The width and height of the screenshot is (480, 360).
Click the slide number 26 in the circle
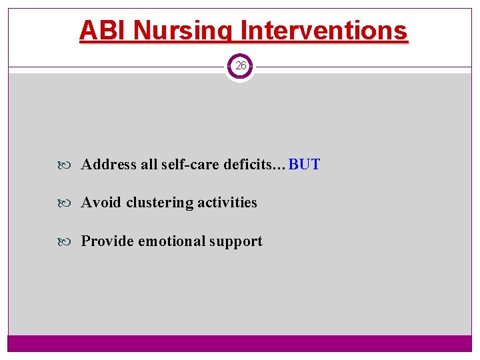(240, 66)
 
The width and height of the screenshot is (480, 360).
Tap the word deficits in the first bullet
(247, 164)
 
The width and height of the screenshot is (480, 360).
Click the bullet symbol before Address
(72, 165)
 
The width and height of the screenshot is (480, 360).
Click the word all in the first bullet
(149, 164)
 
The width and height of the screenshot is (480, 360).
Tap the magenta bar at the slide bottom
(240, 343)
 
